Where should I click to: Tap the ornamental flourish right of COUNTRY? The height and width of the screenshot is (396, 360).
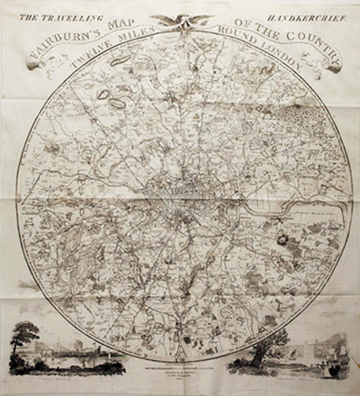point(332,66)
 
